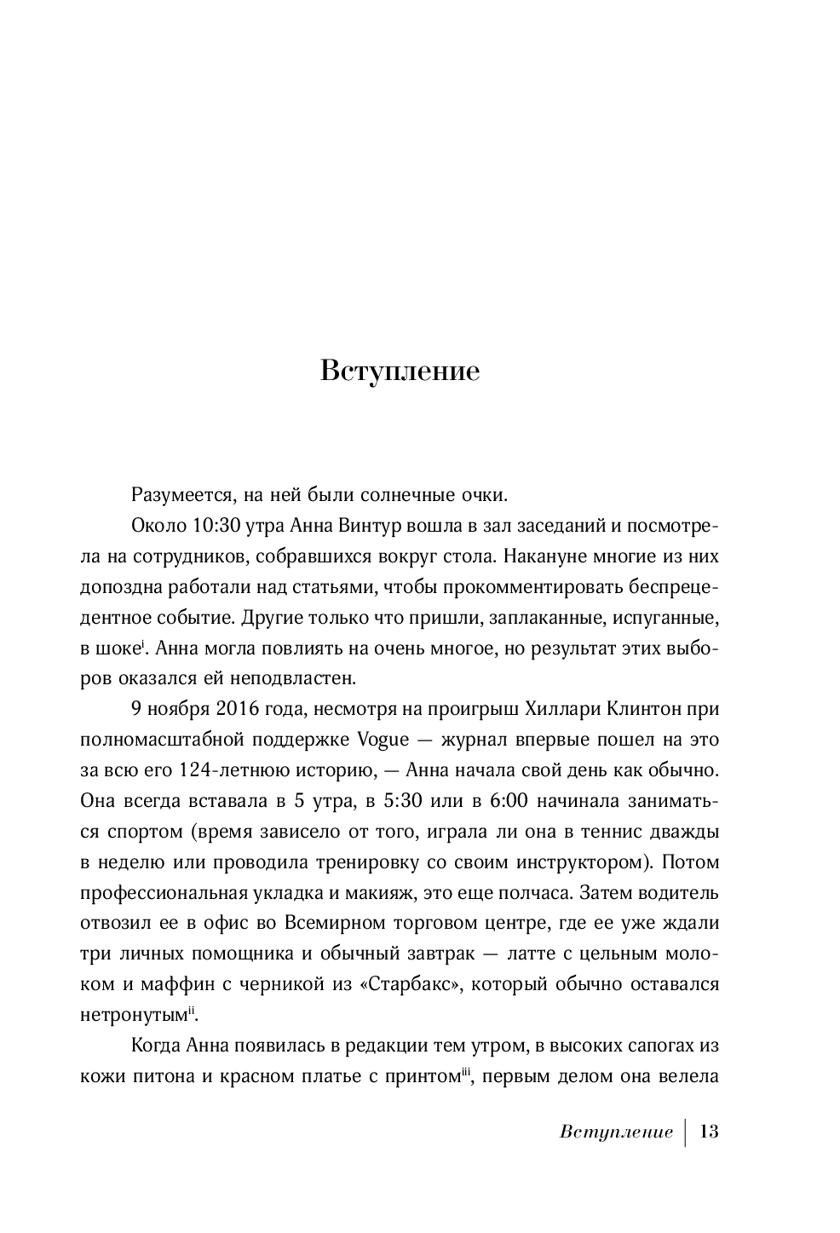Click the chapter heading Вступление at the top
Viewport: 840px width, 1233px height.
click(400, 372)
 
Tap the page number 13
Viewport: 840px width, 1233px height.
click(709, 1132)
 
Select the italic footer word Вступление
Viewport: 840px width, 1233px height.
click(617, 1132)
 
